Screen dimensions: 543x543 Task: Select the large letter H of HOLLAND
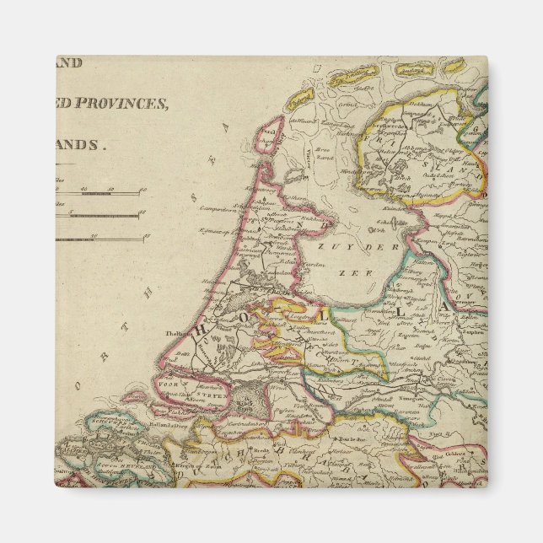coord(201,332)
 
